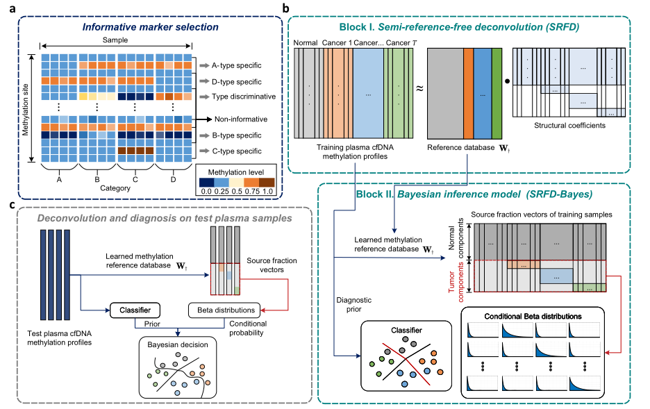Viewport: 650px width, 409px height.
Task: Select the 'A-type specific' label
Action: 233,66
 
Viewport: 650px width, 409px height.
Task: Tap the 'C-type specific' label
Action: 233,149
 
